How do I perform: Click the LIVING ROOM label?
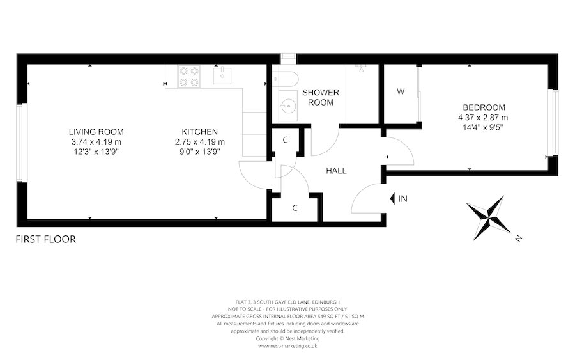point(96,132)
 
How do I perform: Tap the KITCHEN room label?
point(200,132)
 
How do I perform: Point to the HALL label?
point(336,171)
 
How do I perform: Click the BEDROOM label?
point(484,107)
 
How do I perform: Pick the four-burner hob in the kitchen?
point(188,77)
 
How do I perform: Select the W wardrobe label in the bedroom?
point(401,91)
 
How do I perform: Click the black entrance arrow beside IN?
point(391,199)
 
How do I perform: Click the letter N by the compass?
point(519,239)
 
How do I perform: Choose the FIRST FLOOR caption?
point(46,240)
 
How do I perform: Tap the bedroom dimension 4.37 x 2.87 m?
point(484,118)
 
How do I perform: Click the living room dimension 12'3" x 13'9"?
point(96,152)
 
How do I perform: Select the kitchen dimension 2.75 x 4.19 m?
point(200,142)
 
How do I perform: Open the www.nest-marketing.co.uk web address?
point(289,347)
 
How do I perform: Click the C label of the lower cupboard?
point(295,208)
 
